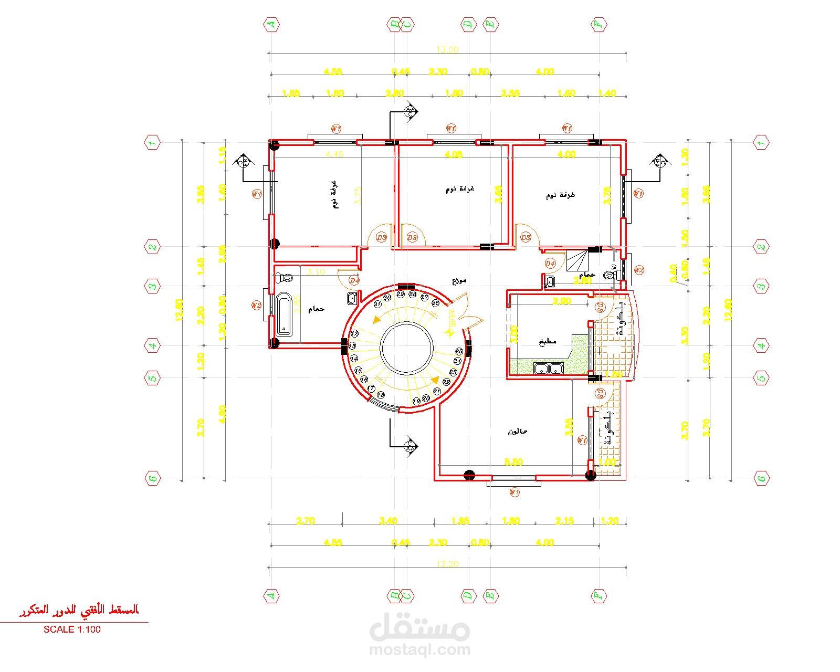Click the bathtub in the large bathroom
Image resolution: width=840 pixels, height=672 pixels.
click(284, 314)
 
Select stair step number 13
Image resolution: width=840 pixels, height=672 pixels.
click(353, 346)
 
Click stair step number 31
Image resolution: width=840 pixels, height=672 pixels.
click(377, 304)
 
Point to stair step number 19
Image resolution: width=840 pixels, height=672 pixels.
click(416, 401)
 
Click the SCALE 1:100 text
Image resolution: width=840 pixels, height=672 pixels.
click(72, 629)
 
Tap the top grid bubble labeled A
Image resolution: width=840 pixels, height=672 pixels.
click(271, 24)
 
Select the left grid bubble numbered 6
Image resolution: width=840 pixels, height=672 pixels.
click(152, 478)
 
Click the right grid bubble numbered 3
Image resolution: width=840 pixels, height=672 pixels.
click(761, 287)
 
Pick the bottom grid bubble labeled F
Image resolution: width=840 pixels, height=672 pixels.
click(598, 596)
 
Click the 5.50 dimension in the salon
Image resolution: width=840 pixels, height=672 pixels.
click(513, 462)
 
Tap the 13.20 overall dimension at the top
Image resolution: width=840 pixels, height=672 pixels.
click(447, 50)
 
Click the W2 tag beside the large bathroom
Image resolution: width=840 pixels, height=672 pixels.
click(256, 304)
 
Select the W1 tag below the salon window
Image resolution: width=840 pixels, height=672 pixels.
click(514, 492)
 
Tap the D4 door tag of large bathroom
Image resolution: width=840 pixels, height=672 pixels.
click(355, 281)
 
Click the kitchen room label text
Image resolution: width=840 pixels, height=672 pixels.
click(547, 341)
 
